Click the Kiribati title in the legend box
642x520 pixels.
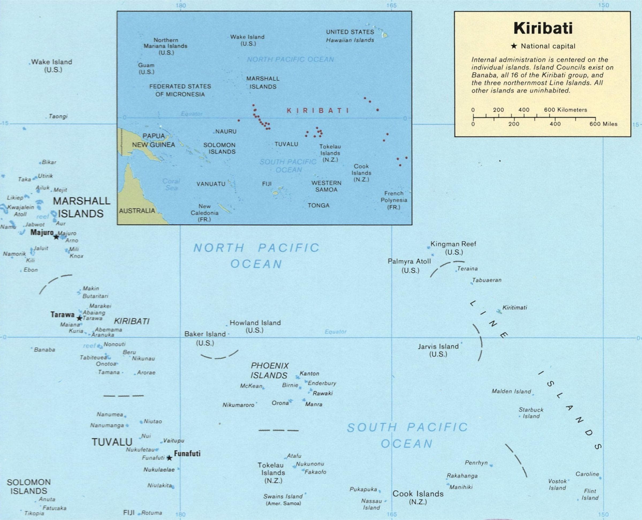pyautogui.click(x=543, y=28)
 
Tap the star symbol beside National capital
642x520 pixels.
pyautogui.click(x=514, y=46)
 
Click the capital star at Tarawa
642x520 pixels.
pyautogui.click(x=79, y=318)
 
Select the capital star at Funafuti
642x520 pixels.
pyautogui.click(x=169, y=458)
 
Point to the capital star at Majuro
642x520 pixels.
pyautogui.click(x=56, y=237)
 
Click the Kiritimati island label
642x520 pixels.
pyautogui.click(x=514, y=308)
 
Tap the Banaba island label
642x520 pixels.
pyautogui.click(x=44, y=350)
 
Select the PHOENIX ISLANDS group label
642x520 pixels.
pyautogui.click(x=269, y=370)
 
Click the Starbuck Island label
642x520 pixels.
pyautogui.click(x=531, y=413)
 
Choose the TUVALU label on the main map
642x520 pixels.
pyautogui.click(x=112, y=442)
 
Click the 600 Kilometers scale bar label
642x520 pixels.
pyautogui.click(x=565, y=110)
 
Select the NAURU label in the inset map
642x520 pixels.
pyautogui.click(x=226, y=131)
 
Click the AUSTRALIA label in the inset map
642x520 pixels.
pyautogui.click(x=137, y=211)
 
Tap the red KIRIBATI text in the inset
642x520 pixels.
pyautogui.click(x=318, y=111)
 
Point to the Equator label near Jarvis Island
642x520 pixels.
pyautogui.click(x=336, y=332)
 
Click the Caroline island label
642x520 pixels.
pyautogui.click(x=587, y=474)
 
